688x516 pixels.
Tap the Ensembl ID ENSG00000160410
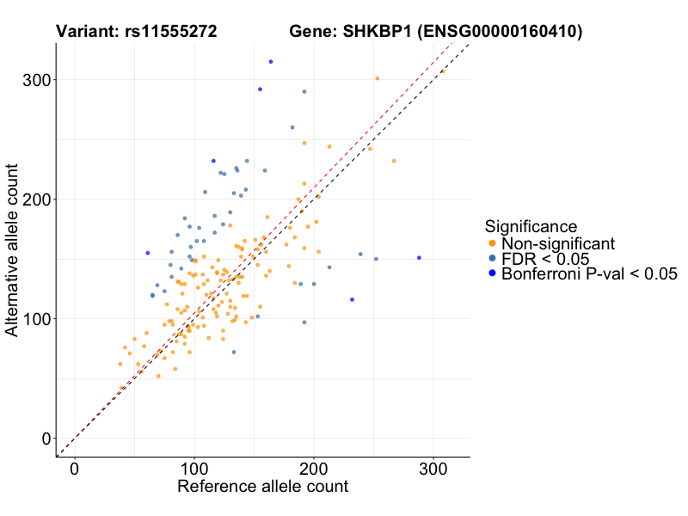click(500, 33)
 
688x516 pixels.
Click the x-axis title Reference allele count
click(262, 487)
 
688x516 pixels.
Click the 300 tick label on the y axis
click(34, 80)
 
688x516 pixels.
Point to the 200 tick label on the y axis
click(34, 200)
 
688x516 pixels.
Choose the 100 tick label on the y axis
click(34, 319)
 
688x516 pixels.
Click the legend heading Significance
click(531, 226)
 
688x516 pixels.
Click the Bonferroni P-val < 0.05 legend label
click(589, 274)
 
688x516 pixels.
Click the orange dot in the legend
click(491, 243)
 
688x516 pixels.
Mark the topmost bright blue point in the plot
click(271, 62)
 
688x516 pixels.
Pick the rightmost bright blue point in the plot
click(420, 258)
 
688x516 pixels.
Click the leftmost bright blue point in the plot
click(148, 253)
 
